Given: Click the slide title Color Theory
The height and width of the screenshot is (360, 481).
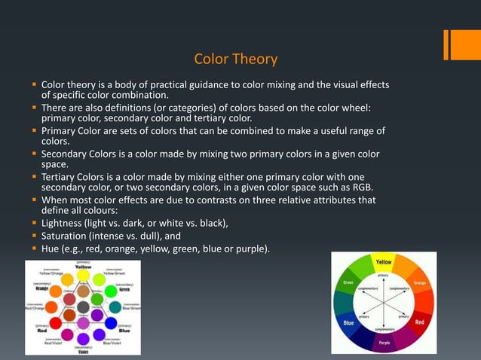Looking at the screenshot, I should (x=236, y=59).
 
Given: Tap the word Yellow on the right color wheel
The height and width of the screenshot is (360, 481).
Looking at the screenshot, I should (x=384, y=261).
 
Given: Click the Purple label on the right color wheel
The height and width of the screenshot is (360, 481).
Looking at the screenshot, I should (x=384, y=343).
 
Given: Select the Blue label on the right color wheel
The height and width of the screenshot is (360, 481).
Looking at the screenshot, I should (x=348, y=323).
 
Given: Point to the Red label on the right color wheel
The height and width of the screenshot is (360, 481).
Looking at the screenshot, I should (x=419, y=322).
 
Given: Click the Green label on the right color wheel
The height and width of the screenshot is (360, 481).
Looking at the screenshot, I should (x=348, y=283).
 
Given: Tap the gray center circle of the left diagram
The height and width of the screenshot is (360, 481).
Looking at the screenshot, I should (x=84, y=307).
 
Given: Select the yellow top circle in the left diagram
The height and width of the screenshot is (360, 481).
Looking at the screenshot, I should (x=83, y=276).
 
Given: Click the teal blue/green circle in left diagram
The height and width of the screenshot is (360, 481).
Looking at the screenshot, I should (x=115, y=307).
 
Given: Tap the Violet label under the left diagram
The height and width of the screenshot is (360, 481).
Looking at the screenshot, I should (x=83, y=351).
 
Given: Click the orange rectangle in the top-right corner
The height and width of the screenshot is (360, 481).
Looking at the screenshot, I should (x=462, y=44).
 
